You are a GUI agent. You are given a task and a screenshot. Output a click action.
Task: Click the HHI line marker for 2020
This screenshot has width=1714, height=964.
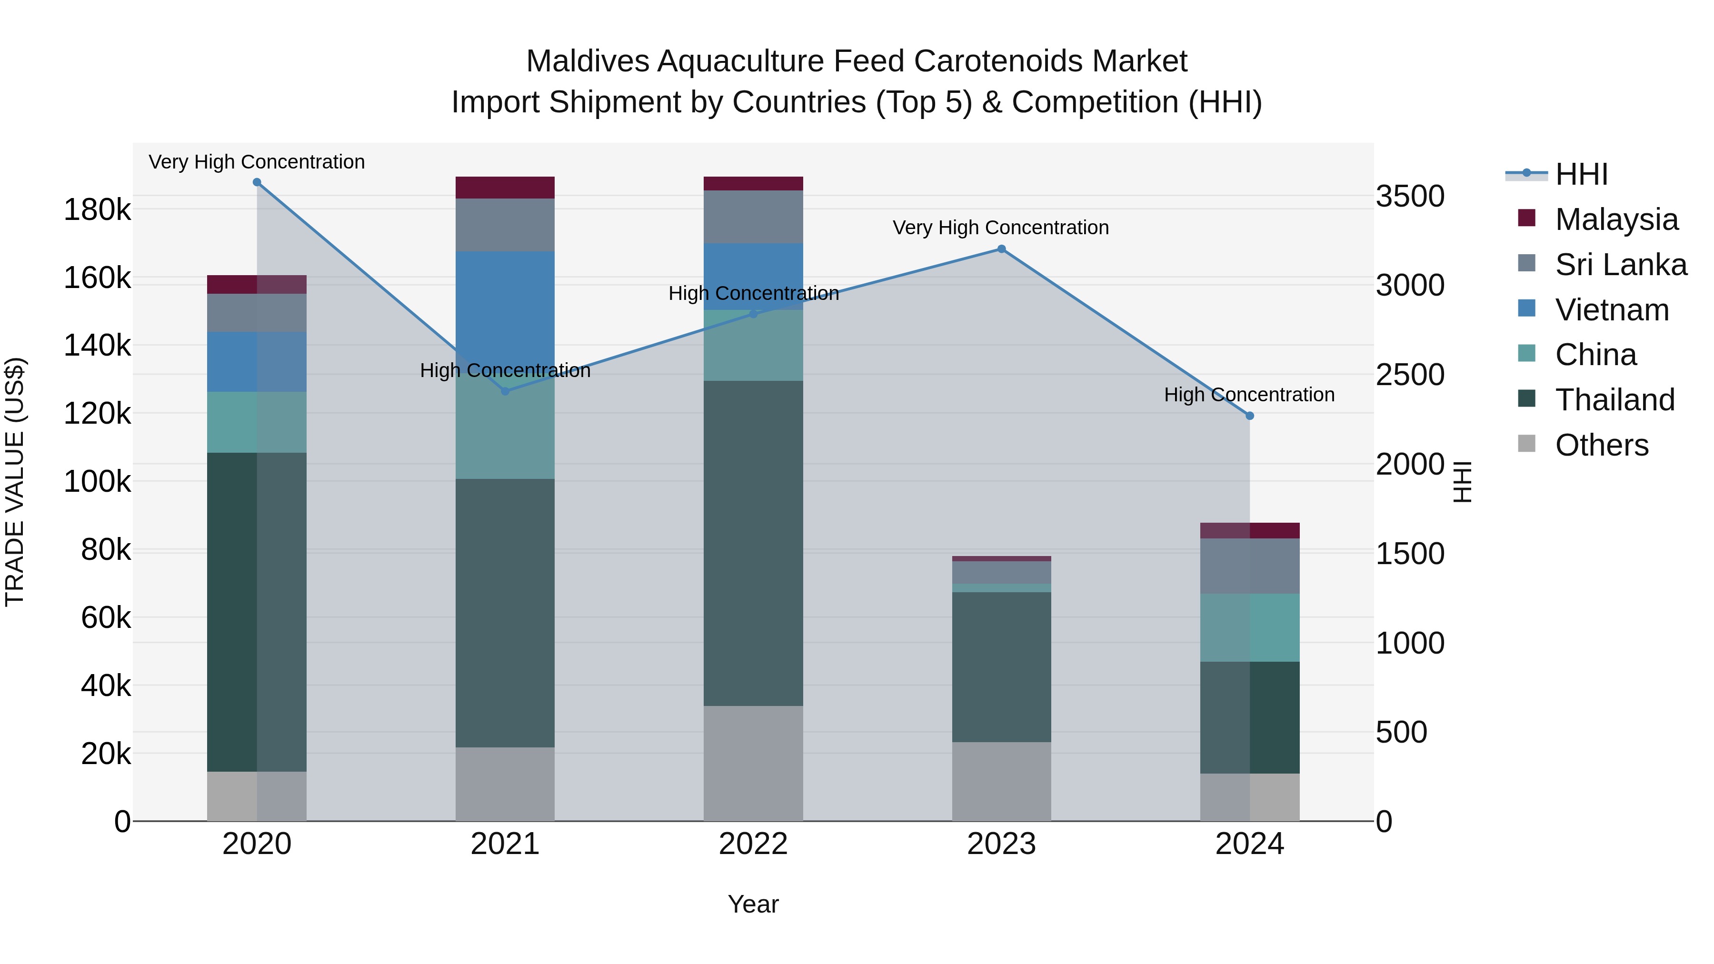coord(257,182)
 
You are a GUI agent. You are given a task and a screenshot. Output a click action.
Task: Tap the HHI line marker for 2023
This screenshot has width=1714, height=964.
coord(1001,249)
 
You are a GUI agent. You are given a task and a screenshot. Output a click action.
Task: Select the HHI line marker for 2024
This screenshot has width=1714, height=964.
coord(1250,416)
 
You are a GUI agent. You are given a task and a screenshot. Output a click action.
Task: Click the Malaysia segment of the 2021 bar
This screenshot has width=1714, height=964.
coord(505,188)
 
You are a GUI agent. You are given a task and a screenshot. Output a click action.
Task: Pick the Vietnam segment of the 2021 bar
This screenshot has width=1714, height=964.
coord(505,306)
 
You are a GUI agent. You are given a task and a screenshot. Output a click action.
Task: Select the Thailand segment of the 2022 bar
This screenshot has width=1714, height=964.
coord(753,542)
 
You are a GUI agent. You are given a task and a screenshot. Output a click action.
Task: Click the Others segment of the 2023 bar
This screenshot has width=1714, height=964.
coord(1001,781)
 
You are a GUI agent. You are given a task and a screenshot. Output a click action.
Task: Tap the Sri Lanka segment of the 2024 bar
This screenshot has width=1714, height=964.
coord(1250,566)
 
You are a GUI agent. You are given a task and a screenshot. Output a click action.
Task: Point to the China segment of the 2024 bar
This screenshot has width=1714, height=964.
coord(1250,627)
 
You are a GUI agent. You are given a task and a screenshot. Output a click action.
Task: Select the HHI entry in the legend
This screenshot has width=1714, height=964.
coord(1581,174)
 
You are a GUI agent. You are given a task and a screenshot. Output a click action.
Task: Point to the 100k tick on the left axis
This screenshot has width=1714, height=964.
coord(97,482)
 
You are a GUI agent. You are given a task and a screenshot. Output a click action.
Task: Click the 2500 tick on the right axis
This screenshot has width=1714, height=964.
coord(1410,375)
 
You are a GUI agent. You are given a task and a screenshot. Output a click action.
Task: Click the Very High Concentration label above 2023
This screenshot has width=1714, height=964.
coord(1001,228)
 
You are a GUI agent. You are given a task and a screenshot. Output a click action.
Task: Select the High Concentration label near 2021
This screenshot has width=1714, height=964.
coord(505,370)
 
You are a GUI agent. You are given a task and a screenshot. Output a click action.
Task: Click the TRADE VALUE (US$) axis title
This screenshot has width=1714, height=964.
coord(15,482)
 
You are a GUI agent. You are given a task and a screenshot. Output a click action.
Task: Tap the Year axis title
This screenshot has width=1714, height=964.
coord(753,904)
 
